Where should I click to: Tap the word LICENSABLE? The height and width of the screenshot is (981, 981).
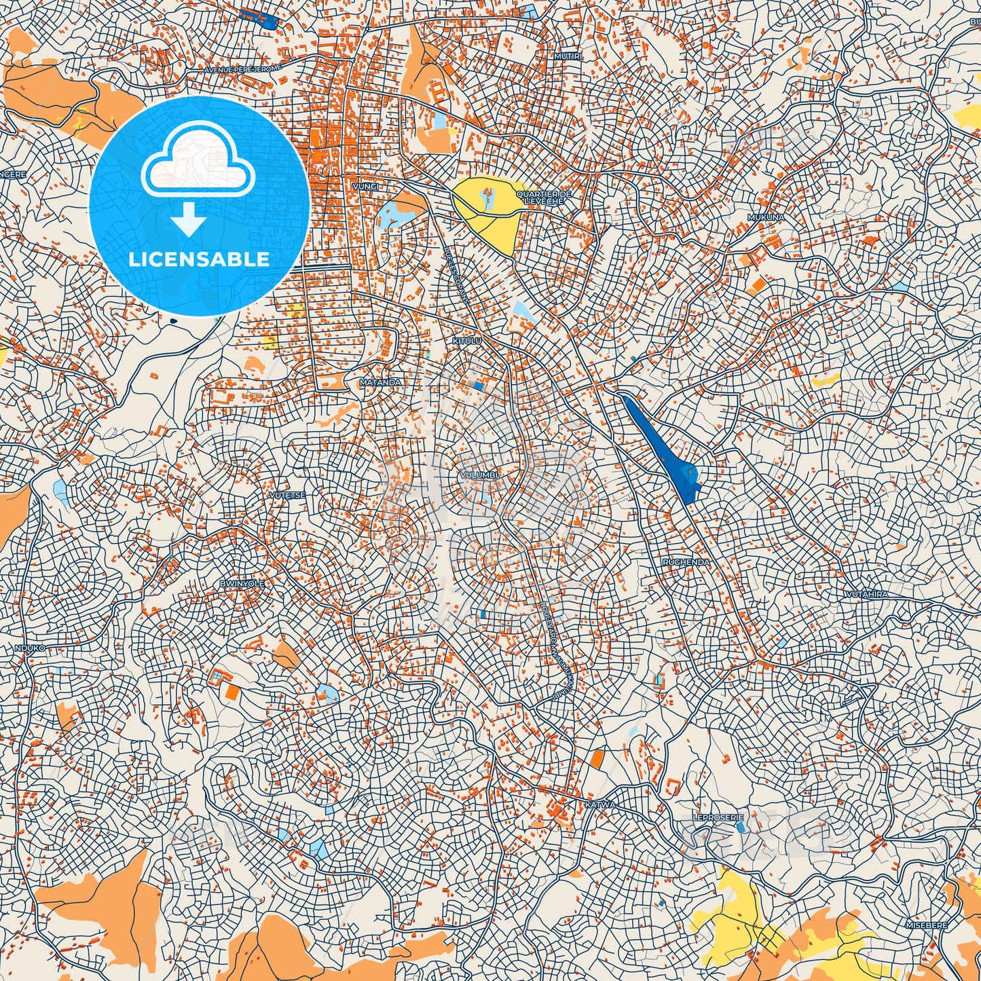point(200,259)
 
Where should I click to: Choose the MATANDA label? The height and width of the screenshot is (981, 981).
point(380,382)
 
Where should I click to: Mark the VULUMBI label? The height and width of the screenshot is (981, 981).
point(479,475)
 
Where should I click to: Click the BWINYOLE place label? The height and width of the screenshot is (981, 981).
point(242,583)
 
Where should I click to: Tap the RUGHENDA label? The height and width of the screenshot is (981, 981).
point(686,562)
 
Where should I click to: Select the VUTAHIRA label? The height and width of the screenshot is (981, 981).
point(866,594)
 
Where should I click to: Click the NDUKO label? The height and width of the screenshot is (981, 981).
point(30,648)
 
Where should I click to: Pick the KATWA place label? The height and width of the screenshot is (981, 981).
point(600,804)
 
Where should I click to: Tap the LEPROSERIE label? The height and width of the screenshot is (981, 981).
point(709,818)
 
